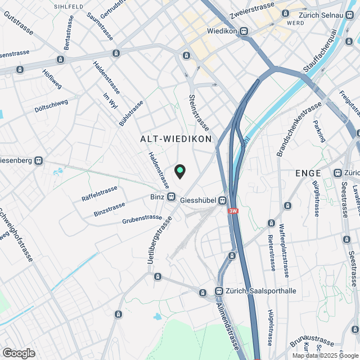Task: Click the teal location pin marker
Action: tap(180, 170)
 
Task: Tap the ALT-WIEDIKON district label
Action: tap(175, 138)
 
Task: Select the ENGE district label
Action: tap(308, 173)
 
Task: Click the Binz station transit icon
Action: tap(171, 197)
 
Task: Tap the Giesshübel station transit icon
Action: tap(223, 199)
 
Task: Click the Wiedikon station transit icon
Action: tap(244, 31)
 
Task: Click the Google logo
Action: tap(18, 353)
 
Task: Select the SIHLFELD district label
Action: tap(69, 7)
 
